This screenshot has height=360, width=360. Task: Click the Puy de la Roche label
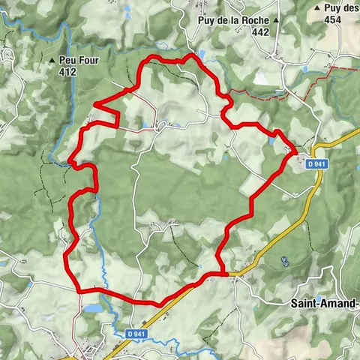tap(233, 21)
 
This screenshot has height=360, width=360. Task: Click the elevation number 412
tap(69, 72)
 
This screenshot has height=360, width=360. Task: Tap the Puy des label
tap(342, 8)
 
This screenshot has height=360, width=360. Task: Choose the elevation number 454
tap(334, 20)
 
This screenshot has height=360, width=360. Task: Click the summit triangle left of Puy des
tap(318, 8)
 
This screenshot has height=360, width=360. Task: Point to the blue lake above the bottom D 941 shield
tap(94, 308)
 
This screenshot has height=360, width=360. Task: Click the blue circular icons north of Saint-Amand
tap(284, 261)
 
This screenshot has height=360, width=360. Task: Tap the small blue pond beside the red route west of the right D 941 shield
tap(271, 139)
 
